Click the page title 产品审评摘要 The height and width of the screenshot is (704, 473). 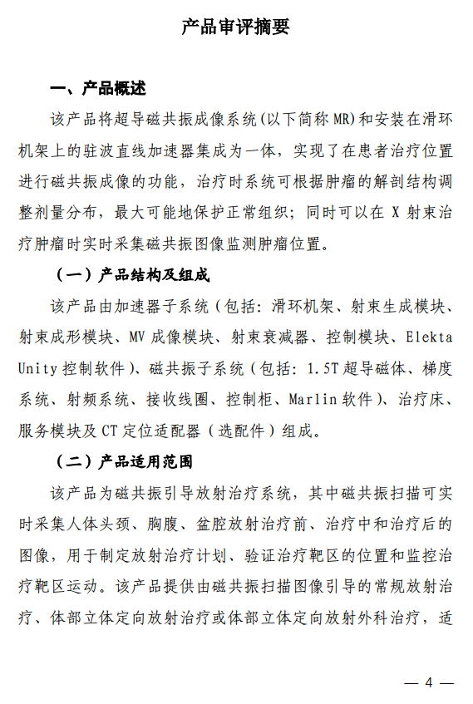(x=236, y=27)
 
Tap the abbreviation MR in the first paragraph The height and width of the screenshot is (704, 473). (x=343, y=120)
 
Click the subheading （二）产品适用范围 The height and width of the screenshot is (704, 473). (x=124, y=461)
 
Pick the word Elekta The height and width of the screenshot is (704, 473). (x=429, y=337)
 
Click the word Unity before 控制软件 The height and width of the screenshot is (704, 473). (x=36, y=368)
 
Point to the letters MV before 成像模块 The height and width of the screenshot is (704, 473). (x=139, y=337)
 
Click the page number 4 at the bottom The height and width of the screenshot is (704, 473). (x=429, y=682)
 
